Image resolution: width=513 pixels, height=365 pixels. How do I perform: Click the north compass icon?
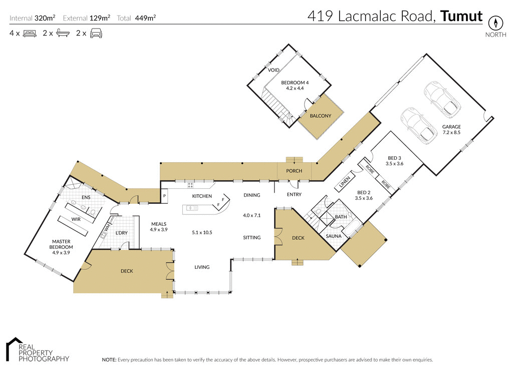[495, 23]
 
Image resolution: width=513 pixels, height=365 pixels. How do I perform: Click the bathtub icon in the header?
[63, 34]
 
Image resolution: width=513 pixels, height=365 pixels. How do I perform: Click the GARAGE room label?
[451, 127]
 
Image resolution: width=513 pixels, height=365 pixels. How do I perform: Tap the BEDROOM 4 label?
[295, 83]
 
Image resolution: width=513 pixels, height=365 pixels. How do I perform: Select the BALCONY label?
[321, 116]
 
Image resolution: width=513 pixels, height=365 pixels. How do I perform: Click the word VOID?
[274, 70]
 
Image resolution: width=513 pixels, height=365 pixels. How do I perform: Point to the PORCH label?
[294, 171]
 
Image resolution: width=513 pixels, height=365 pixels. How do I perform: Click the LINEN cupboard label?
[344, 183]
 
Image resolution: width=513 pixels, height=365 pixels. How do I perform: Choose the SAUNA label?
[334, 236]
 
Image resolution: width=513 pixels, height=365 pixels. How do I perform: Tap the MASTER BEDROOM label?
[61, 244]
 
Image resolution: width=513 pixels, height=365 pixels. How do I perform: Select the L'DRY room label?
[122, 233]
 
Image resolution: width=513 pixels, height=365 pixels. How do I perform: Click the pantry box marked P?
[164, 196]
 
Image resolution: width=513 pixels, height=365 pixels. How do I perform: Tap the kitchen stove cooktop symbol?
[190, 185]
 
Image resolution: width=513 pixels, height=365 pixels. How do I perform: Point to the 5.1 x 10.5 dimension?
[202, 232]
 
